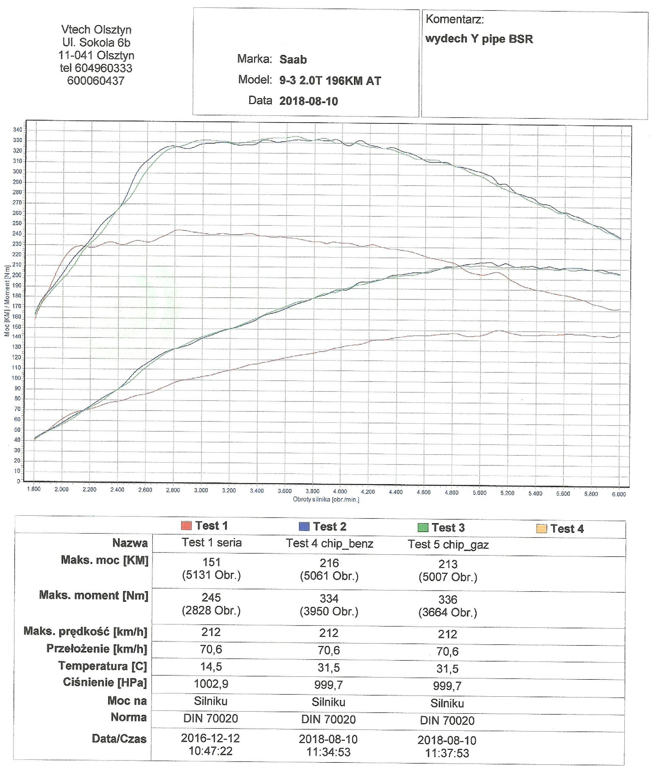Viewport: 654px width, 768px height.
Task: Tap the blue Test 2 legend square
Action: (304, 526)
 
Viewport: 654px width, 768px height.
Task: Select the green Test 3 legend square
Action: (423, 527)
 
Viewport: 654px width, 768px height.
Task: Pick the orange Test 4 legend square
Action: (541, 529)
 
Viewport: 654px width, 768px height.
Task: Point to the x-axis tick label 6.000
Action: (619, 494)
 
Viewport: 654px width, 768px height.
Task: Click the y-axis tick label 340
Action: (17, 130)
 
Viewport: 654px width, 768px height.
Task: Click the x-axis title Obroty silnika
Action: (326, 499)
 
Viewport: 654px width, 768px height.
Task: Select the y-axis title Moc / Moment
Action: (7, 301)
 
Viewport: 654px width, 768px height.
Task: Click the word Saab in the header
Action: (293, 60)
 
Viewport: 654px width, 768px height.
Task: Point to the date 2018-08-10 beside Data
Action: (309, 101)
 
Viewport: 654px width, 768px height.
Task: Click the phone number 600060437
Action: (96, 81)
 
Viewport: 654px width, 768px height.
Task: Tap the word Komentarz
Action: (454, 19)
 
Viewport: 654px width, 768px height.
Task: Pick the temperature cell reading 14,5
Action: (211, 667)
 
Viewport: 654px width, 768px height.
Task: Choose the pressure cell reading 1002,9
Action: (211, 684)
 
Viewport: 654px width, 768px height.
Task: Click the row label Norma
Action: (129, 717)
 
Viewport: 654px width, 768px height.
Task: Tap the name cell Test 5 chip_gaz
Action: (448, 544)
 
